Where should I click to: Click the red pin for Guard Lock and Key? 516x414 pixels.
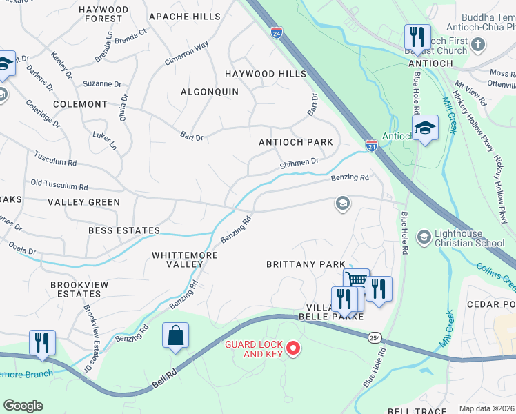[294, 348]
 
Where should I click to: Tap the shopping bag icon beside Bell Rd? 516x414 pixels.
[176, 336]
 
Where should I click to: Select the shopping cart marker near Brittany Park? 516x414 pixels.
[356, 280]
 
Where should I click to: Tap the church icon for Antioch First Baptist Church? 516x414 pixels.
[479, 44]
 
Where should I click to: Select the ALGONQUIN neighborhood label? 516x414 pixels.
[210, 92]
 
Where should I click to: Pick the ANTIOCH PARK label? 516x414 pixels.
[295, 142]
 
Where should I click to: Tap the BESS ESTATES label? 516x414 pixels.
[123, 230]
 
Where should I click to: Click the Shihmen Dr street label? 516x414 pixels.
[299, 163]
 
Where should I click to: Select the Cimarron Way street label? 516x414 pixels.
[186, 54]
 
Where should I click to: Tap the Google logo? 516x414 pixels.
[23, 406]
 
